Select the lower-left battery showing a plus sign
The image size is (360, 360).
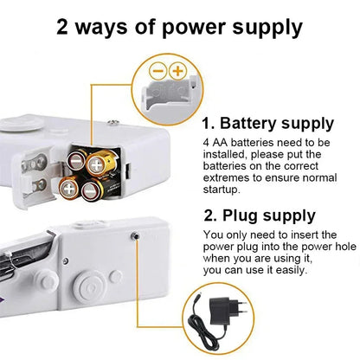68,186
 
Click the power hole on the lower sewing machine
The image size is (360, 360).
135,235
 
